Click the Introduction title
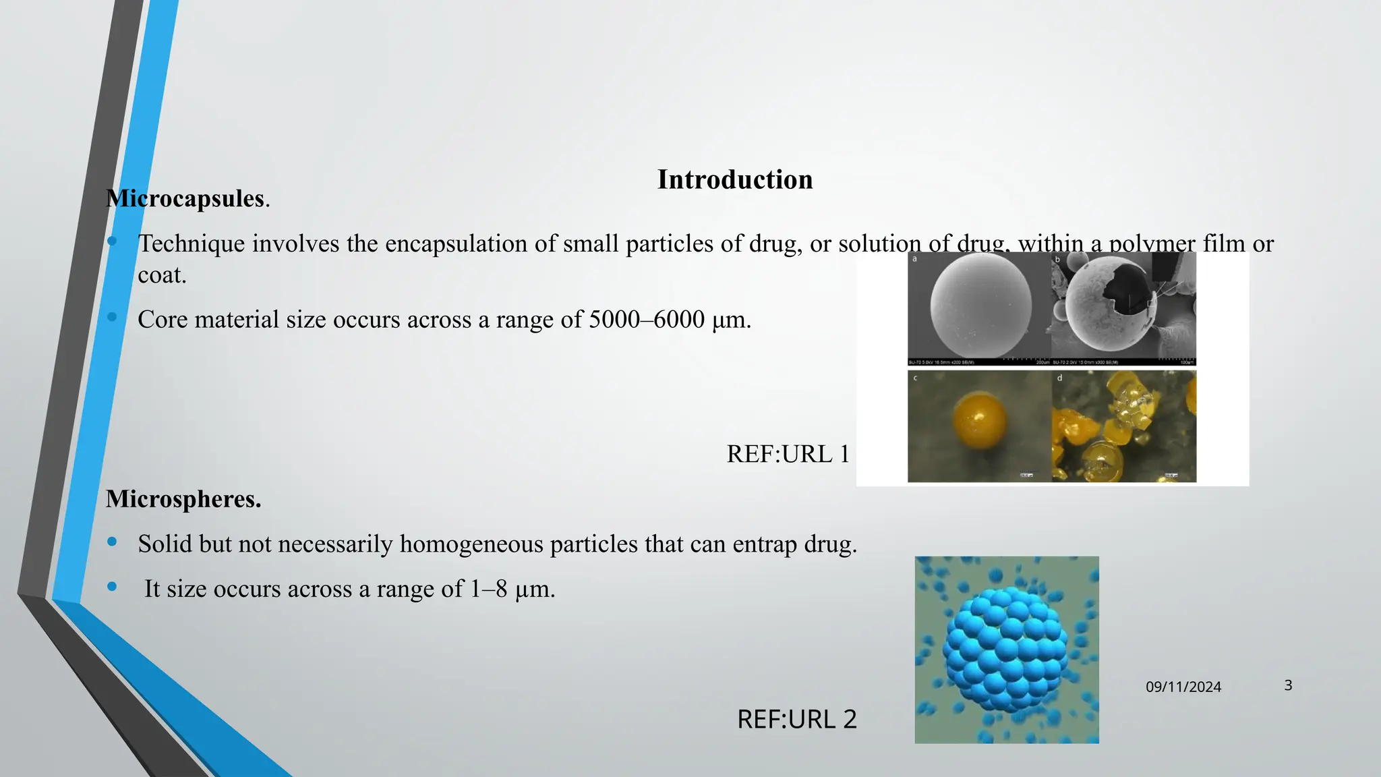[x=735, y=180]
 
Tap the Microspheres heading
[x=183, y=499]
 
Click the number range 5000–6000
[x=647, y=319]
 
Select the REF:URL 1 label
[x=788, y=454]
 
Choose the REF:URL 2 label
[x=796, y=720]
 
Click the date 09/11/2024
[x=1183, y=687]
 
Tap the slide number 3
[x=1288, y=685]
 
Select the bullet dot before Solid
[x=112, y=541]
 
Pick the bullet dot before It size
[x=112, y=586]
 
